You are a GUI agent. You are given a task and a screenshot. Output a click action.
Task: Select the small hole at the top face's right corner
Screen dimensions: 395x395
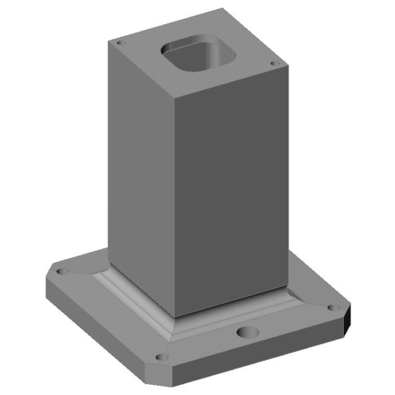[x=275, y=64]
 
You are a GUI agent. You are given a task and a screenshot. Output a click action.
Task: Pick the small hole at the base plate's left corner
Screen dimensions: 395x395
[x=64, y=271]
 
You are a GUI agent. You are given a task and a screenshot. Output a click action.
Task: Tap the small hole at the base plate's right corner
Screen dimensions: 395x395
[x=331, y=308]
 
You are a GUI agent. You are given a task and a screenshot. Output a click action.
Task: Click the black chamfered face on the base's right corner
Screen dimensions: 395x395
[x=348, y=322]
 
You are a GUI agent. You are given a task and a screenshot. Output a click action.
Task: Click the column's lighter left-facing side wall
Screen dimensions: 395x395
[x=141, y=169]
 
